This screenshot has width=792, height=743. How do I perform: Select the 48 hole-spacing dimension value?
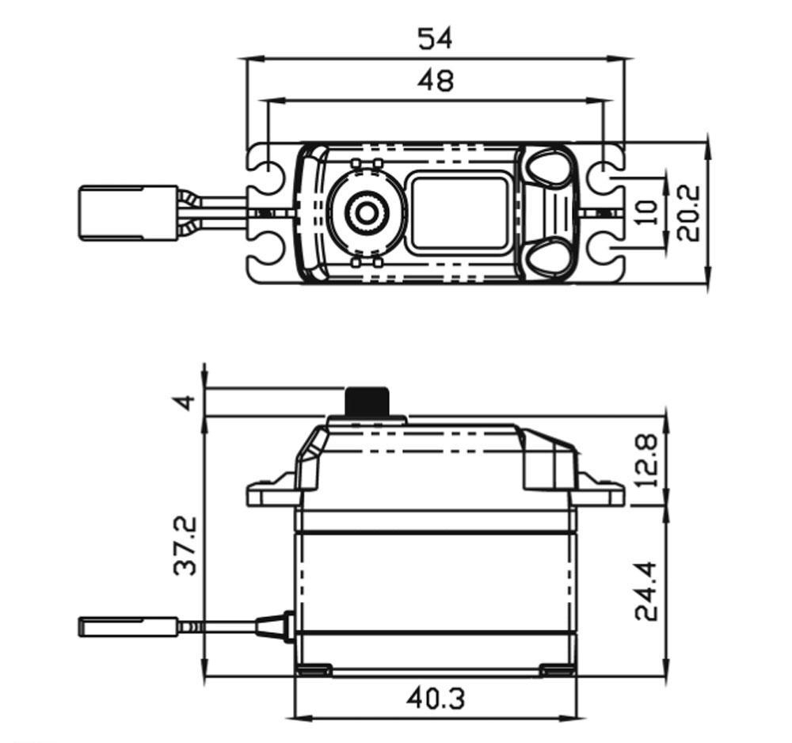436,81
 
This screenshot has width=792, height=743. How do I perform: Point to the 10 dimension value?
648,212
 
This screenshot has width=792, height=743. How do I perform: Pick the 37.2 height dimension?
185,546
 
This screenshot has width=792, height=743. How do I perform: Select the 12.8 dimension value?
646,459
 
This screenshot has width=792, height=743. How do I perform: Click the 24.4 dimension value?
646,590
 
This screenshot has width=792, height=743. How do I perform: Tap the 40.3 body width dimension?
436,699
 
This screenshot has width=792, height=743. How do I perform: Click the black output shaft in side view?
367,401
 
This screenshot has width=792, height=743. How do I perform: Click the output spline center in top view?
366,214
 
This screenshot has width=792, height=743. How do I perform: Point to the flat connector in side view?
128,627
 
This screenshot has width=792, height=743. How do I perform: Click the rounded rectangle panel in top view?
459,211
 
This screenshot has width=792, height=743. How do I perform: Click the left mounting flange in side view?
272,491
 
